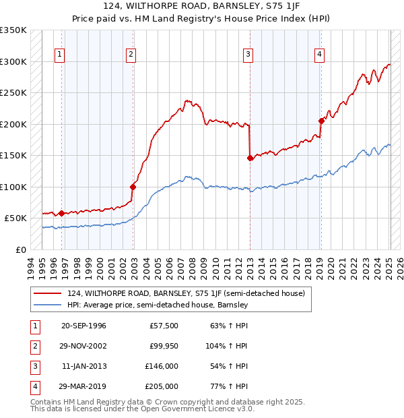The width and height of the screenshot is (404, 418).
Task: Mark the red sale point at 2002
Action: coord(133,187)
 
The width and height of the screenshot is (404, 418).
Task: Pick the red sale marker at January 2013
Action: coord(250,158)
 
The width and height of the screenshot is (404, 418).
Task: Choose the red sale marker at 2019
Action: coord(321,121)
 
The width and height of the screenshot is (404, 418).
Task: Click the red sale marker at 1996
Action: coord(62,213)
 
